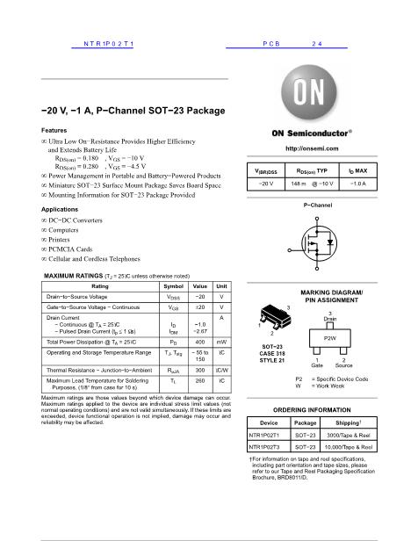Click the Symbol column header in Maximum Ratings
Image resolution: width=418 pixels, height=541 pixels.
174,287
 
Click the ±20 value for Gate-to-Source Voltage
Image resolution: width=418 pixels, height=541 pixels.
200,307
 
